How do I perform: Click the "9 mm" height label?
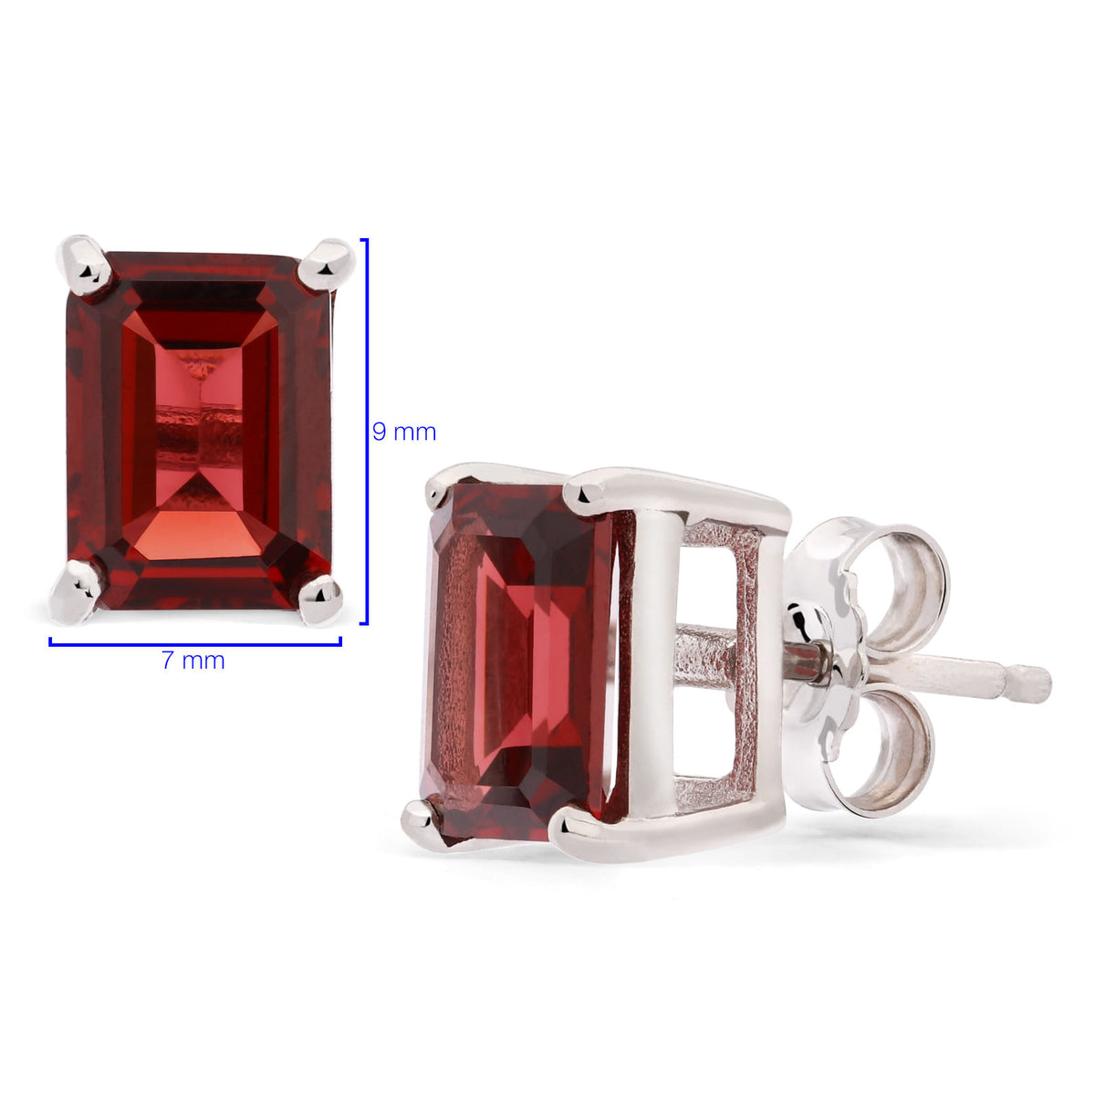click(x=404, y=433)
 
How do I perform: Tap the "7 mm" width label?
click(x=193, y=661)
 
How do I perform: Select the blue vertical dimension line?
click(x=366, y=432)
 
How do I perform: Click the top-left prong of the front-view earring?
click(x=85, y=265)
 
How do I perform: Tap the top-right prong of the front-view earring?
click(x=328, y=264)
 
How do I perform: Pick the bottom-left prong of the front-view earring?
click(x=76, y=591)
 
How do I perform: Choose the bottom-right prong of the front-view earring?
click(x=320, y=600)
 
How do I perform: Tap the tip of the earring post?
click(x=1045, y=685)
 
